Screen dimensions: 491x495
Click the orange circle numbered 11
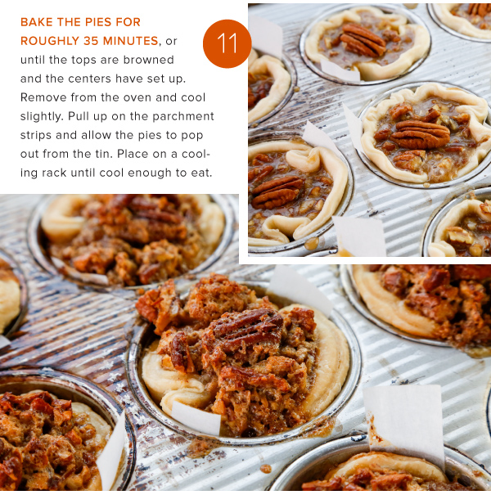pos(227,43)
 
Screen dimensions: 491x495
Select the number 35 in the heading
pos(92,41)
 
